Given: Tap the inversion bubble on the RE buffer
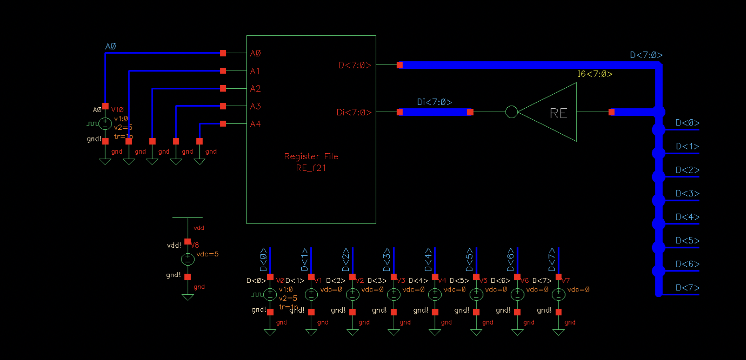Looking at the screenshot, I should pos(511,112).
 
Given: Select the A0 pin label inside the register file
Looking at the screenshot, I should pos(255,53).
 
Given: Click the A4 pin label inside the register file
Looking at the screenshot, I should pos(255,124).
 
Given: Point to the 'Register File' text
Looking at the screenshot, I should pos(311,156).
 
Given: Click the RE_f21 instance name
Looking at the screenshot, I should pos(311,168).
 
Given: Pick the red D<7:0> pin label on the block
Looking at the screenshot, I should pos(355,65).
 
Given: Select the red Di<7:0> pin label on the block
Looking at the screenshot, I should pos(354,113).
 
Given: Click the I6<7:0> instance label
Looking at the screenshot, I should pos(595,74).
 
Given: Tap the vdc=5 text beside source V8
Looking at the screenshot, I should pos(207,254).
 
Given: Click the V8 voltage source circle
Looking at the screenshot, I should pos(188,259).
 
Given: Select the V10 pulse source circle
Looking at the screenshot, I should pos(105,124).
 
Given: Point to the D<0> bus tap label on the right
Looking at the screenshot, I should pos(687,123).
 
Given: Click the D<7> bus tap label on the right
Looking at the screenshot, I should pos(687,288).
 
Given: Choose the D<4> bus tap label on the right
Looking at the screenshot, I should pos(687,217).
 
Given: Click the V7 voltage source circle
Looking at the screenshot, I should pos(558,294).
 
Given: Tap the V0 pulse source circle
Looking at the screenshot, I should pos(270,294).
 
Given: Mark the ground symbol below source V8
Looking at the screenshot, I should pos(188,297).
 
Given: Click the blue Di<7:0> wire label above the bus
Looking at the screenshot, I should pos(434,102).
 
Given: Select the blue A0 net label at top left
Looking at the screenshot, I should pos(111,46).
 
